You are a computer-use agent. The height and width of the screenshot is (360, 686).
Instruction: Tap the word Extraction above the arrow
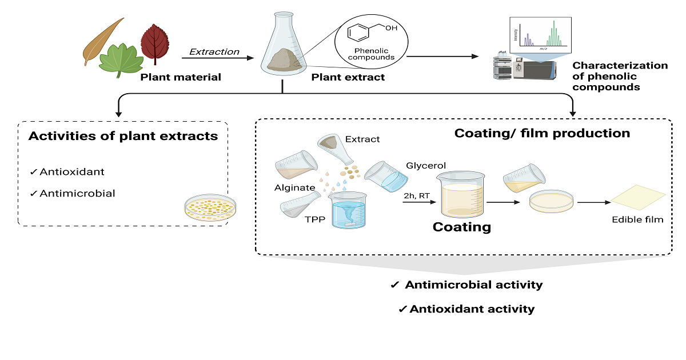[x=214, y=52]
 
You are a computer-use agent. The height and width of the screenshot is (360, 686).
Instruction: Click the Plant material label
[x=181, y=77]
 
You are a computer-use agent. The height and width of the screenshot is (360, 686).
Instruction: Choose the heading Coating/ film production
[x=542, y=133]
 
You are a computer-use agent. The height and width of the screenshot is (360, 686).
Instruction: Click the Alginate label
[x=294, y=187]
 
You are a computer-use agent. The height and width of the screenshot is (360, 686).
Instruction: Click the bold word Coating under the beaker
[x=461, y=227]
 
